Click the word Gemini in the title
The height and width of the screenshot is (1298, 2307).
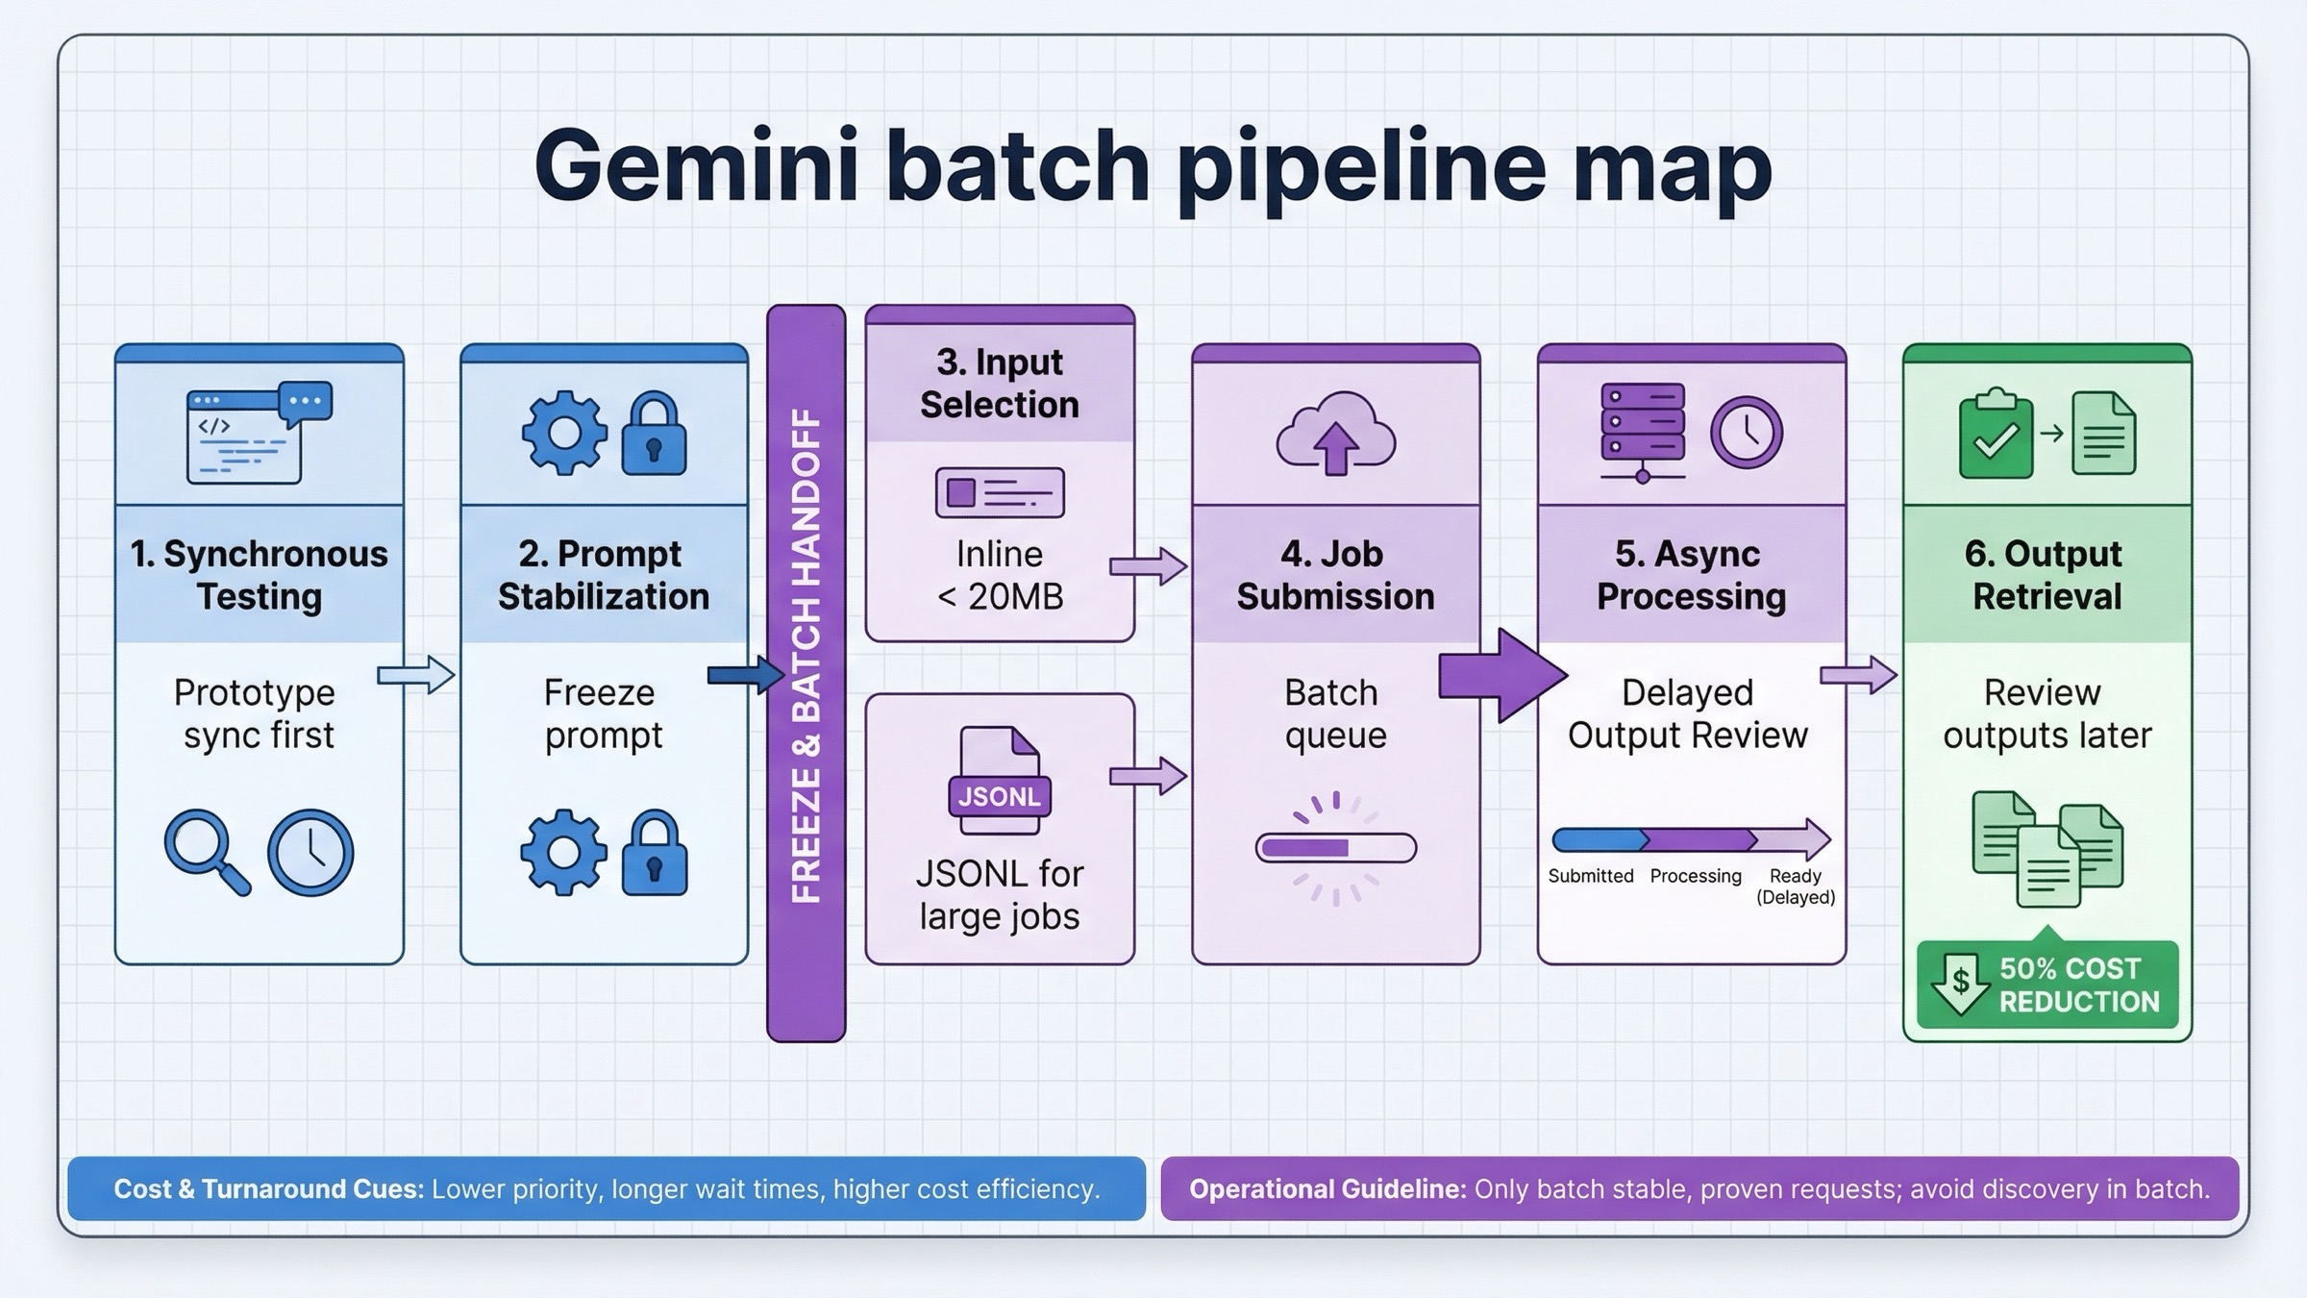(x=695, y=165)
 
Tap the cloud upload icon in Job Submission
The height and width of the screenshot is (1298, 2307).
(x=1335, y=434)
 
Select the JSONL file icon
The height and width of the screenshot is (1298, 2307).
(x=1000, y=780)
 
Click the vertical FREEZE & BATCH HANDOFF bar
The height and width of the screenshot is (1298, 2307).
(x=806, y=673)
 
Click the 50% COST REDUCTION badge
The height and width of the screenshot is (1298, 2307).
(x=2047, y=985)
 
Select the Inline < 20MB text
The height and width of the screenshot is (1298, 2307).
(x=1000, y=575)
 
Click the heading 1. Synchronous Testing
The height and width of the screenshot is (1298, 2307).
(x=259, y=575)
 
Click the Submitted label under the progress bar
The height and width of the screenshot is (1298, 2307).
(x=1590, y=876)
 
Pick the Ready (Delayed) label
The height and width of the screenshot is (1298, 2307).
(x=1795, y=886)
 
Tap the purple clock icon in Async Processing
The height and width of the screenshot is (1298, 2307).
(x=1746, y=433)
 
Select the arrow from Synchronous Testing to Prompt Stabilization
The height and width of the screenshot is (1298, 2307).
(x=415, y=675)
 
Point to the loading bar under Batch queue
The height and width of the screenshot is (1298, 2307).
(x=1335, y=848)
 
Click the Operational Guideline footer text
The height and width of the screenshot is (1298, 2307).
(x=1699, y=1189)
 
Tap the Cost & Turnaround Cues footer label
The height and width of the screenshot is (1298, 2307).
(x=268, y=1189)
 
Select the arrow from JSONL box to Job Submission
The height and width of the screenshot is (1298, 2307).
(x=1148, y=776)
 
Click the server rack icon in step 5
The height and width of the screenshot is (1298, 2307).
(x=1642, y=431)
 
